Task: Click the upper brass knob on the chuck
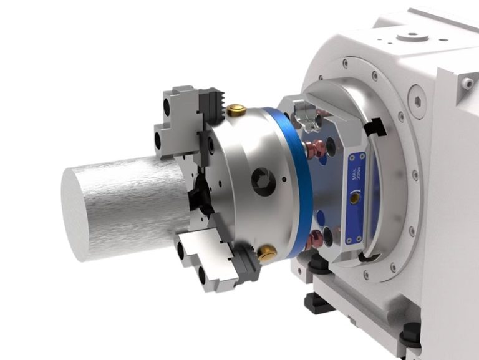coord(236,111)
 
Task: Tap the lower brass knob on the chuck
coord(268,253)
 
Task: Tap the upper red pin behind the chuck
coord(316,148)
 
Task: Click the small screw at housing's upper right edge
coord(467,82)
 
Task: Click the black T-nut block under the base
coord(319,302)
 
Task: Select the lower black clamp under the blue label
coord(369,256)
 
